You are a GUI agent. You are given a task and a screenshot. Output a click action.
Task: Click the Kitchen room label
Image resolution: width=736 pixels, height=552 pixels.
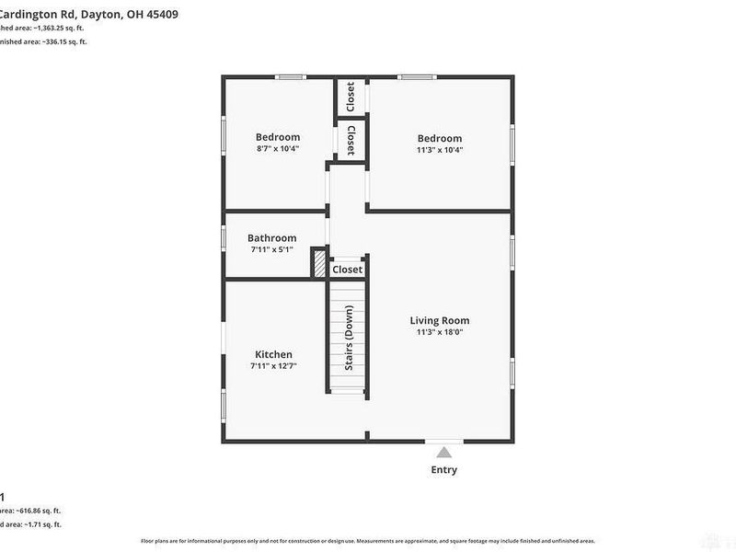click(x=273, y=354)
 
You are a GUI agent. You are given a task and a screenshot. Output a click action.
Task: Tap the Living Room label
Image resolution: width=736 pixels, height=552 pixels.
click(x=440, y=320)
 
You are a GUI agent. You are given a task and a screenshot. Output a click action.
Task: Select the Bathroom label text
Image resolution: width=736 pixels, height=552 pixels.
click(x=271, y=237)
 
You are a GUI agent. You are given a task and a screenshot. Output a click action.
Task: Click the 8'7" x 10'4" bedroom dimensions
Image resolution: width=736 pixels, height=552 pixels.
click(x=277, y=148)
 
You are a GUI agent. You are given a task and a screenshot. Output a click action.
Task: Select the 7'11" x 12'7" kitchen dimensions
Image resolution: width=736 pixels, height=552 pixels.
click(x=273, y=365)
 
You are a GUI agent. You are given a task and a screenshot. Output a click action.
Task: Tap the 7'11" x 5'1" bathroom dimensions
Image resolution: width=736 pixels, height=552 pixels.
click(x=271, y=248)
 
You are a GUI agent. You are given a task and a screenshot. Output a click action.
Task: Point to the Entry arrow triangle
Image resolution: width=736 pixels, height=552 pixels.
click(x=444, y=453)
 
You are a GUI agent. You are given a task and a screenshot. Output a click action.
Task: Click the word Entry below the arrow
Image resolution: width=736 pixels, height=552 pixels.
click(x=444, y=470)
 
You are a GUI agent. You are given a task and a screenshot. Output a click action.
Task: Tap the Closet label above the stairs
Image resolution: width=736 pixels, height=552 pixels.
click(x=348, y=270)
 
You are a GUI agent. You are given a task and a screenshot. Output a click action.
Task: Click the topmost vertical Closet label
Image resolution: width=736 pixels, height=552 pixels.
click(x=351, y=97)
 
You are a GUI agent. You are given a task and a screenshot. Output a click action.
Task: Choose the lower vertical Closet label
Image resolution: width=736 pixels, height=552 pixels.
click(x=351, y=141)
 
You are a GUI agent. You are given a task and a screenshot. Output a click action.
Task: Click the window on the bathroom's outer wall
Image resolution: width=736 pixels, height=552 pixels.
click(x=224, y=236)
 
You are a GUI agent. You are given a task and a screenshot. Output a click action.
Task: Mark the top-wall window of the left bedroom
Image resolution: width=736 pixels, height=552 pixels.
click(x=292, y=77)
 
